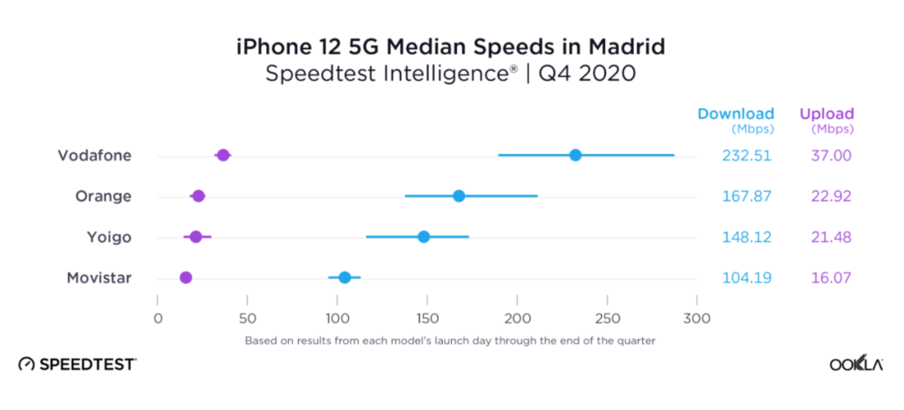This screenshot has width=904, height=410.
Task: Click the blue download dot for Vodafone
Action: point(575,155)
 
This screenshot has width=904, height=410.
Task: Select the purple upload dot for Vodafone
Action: point(223,155)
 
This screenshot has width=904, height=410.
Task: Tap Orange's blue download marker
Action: point(459,196)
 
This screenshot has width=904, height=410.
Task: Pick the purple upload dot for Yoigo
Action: point(196,237)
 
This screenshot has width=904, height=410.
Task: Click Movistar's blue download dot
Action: point(344,277)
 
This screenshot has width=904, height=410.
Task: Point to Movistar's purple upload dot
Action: point(186,277)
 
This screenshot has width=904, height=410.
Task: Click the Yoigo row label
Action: point(109,237)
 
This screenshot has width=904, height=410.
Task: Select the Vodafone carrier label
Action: point(95,156)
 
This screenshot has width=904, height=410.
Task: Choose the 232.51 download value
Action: point(747,156)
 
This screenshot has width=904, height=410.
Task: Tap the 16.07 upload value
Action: point(830,278)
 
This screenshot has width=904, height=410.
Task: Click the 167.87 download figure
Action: point(747,197)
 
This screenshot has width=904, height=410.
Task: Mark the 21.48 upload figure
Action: point(830,237)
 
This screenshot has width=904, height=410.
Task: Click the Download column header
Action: point(736,114)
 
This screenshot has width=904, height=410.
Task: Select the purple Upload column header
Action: point(827,114)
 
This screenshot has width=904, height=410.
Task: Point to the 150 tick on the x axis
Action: point(428,318)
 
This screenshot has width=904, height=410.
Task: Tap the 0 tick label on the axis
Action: point(157,318)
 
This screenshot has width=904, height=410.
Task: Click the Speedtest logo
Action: point(77,364)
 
